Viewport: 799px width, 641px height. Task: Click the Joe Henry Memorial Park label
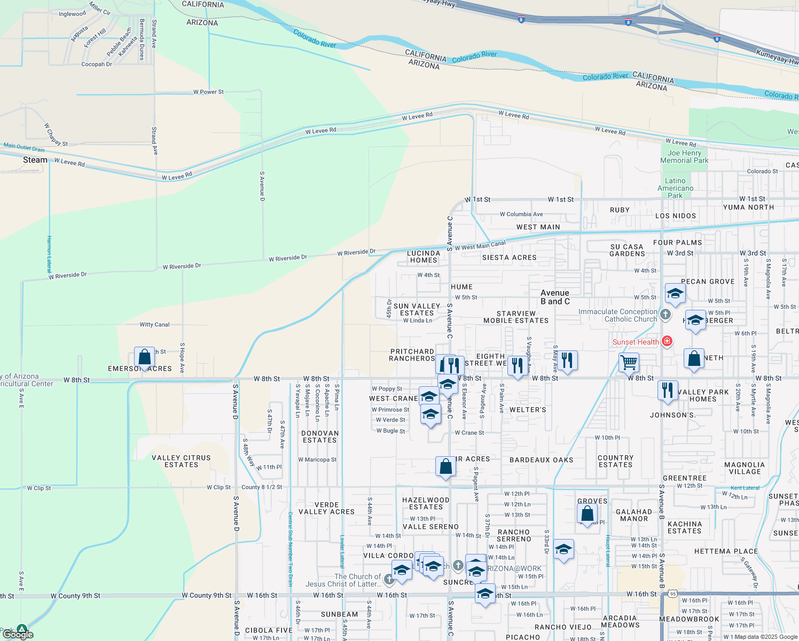tap(684, 157)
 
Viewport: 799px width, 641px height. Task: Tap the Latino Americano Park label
tap(675, 188)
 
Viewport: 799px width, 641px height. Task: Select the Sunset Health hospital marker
tap(667, 341)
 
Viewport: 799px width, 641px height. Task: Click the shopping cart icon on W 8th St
tap(629, 362)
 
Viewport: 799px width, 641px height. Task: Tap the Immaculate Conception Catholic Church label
tap(618, 315)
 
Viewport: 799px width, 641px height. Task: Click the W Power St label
tap(208, 92)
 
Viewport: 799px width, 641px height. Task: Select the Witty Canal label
tap(154, 324)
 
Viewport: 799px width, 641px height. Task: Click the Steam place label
tap(35, 160)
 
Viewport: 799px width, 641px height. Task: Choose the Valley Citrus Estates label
tap(181, 461)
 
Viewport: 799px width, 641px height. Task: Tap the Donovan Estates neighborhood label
tap(320, 436)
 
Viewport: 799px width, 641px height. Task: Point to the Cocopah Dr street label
tap(97, 64)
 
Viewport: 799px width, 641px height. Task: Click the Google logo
tap(18, 634)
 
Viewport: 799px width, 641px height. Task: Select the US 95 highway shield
tap(673, 593)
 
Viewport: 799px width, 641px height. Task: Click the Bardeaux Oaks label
tap(541, 460)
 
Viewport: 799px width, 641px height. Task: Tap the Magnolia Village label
tap(745, 468)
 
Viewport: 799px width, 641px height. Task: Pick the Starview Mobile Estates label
tap(516, 317)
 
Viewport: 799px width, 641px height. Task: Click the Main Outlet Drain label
tap(24, 147)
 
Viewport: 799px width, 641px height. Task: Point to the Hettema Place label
tap(726, 551)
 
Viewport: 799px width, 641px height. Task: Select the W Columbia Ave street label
tap(521, 214)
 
